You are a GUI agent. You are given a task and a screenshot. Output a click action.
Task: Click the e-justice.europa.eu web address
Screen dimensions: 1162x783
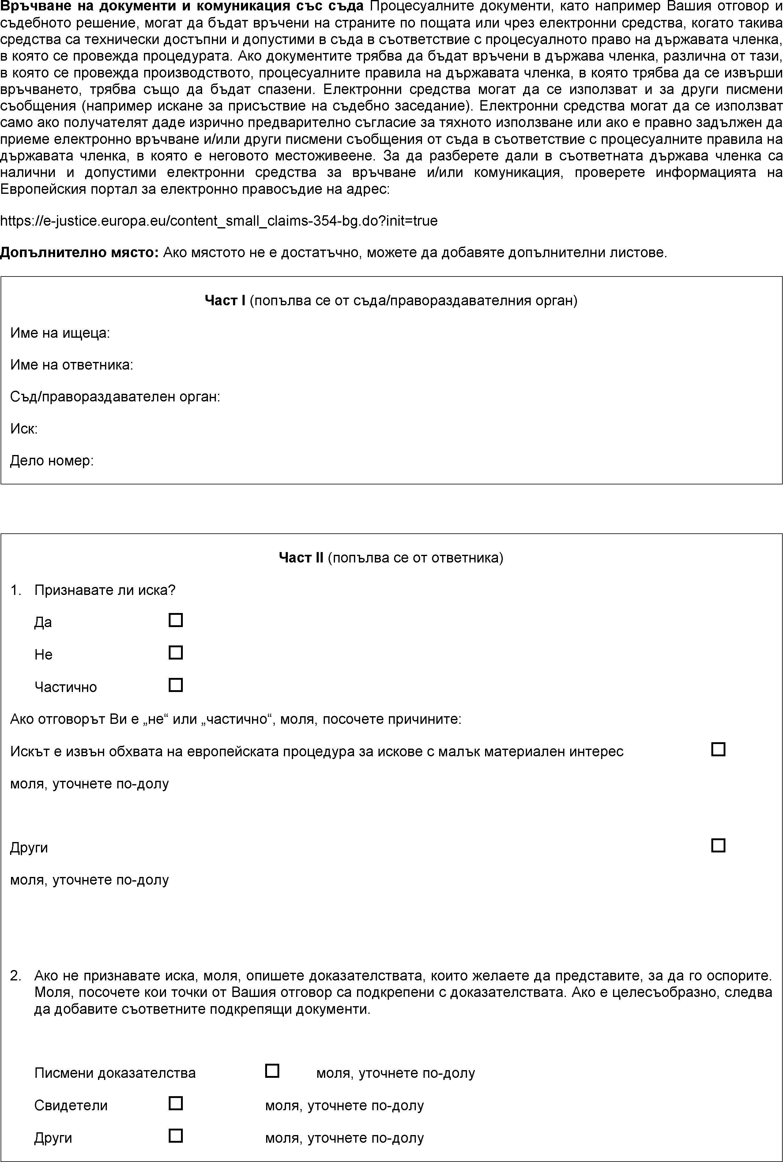coord(219,221)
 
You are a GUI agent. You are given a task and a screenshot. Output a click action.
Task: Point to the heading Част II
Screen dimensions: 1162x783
coord(301,558)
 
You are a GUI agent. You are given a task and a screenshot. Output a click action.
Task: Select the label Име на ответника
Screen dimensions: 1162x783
coord(71,365)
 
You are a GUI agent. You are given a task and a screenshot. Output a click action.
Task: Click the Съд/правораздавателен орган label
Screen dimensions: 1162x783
coord(115,397)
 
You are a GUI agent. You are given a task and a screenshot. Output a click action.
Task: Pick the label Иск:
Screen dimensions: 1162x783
coord(24,429)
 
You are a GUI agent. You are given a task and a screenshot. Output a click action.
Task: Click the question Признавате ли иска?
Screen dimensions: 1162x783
coord(105,590)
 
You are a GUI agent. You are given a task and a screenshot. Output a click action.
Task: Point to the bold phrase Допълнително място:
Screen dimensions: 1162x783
coord(79,253)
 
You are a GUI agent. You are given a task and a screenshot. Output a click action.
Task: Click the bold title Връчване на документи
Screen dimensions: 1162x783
coord(182,6)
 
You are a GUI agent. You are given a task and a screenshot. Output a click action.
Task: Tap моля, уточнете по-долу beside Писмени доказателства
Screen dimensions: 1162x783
coord(396,1073)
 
